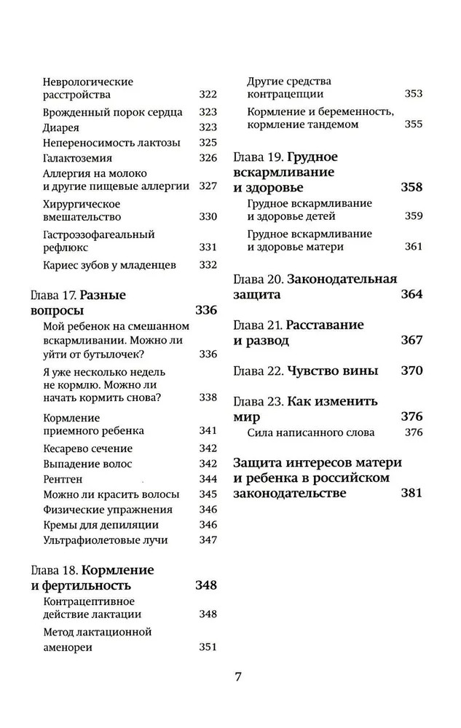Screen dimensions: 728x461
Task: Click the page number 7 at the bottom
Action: (x=237, y=676)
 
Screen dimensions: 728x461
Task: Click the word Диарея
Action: (x=61, y=127)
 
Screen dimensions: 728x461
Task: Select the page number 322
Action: (x=208, y=95)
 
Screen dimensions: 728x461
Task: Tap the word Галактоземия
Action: (x=78, y=158)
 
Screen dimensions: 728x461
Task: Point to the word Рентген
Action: (x=63, y=478)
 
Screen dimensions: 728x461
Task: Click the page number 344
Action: (x=208, y=478)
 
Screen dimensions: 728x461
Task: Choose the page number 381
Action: (x=411, y=493)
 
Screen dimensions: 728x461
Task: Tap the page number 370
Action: (x=411, y=371)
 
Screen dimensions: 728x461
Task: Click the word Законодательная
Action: (x=342, y=279)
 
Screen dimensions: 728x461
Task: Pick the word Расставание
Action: (x=326, y=325)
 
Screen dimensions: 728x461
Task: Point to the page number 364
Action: (x=411, y=295)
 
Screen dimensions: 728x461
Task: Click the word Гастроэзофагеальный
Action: (x=99, y=234)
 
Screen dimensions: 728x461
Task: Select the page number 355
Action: (x=413, y=124)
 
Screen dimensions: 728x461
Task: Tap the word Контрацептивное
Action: (x=89, y=601)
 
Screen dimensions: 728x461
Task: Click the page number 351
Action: (x=208, y=646)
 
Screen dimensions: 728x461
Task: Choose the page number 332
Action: (x=208, y=266)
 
